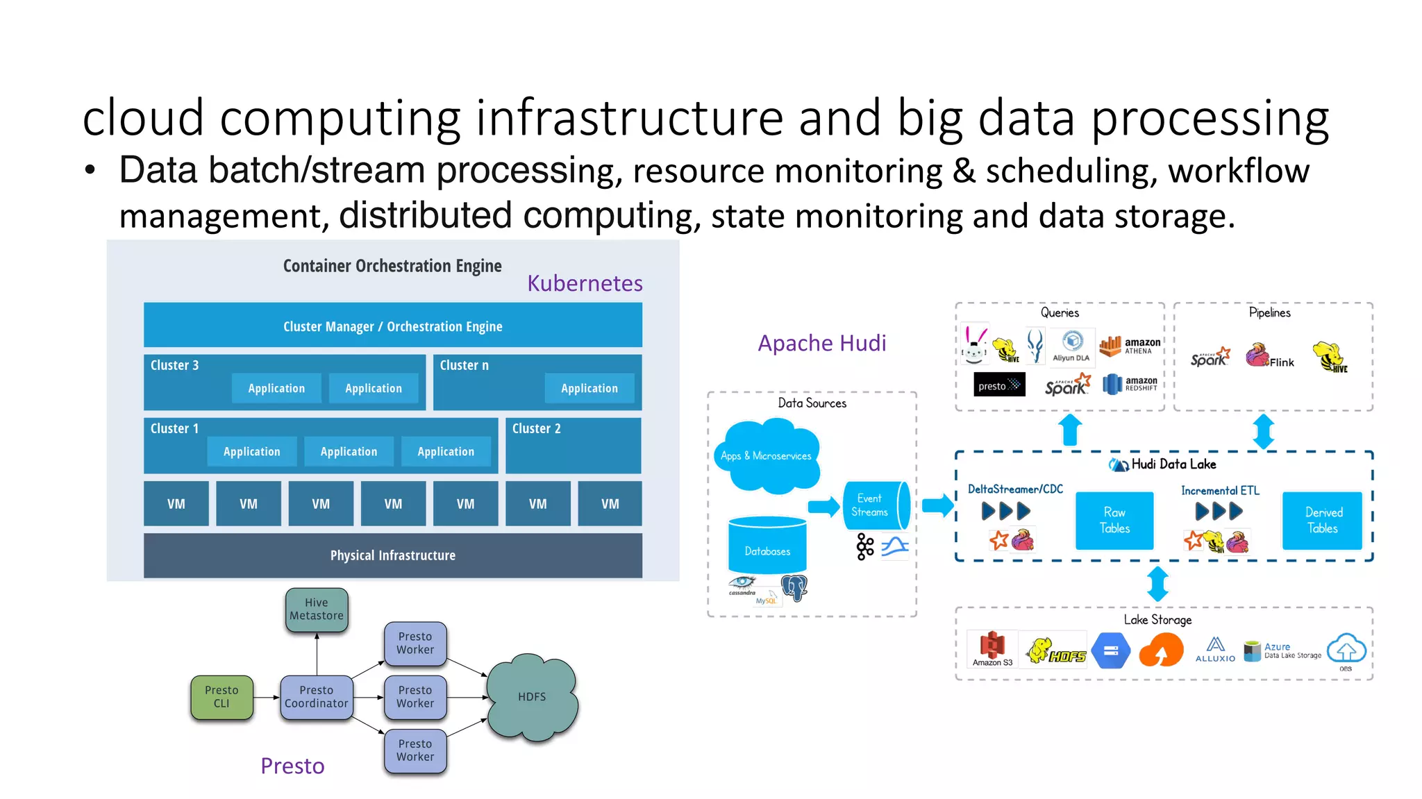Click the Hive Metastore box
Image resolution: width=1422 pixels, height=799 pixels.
click(317, 609)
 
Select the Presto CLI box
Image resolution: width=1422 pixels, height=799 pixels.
click(221, 697)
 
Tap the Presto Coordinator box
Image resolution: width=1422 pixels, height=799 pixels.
click(317, 697)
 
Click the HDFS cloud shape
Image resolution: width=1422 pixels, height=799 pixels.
click(532, 697)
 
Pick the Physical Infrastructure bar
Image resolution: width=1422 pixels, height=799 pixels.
click(392, 555)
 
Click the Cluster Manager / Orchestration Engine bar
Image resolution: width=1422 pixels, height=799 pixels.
click(392, 326)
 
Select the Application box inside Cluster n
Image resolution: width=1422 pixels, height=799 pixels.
click(589, 388)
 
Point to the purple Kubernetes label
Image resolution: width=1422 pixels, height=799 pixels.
click(584, 283)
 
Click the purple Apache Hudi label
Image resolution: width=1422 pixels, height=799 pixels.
click(821, 343)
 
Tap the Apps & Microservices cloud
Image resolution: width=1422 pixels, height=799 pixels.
click(767, 456)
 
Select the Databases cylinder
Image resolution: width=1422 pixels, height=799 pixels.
click(767, 548)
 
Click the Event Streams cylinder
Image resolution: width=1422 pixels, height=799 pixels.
click(873, 505)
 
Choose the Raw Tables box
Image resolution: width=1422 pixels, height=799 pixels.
click(1114, 521)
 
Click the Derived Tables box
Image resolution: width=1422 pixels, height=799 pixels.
click(1323, 521)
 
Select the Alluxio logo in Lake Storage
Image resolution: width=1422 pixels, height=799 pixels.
click(1215, 650)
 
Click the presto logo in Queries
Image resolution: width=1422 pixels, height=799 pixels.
click(999, 385)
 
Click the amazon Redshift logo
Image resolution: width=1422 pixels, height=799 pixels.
click(1130, 384)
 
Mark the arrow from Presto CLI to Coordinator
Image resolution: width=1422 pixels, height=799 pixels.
click(267, 697)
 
